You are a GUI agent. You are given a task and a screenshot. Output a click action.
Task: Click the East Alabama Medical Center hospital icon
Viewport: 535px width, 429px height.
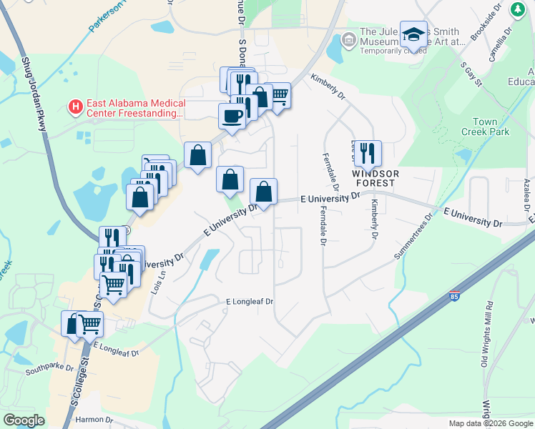(x=74, y=107)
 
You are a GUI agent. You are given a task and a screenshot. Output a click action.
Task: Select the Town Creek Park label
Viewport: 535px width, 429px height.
(x=490, y=127)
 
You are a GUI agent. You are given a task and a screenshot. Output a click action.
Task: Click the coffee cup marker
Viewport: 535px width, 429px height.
(x=232, y=115)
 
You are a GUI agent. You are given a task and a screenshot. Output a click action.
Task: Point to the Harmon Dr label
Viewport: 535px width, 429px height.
(x=89, y=419)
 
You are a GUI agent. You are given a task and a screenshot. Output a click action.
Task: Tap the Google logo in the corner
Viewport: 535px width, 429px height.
(x=24, y=420)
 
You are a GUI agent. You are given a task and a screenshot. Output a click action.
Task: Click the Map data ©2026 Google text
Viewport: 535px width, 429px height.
(x=489, y=423)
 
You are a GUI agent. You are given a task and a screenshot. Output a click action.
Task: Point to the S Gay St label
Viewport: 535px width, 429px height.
(x=470, y=73)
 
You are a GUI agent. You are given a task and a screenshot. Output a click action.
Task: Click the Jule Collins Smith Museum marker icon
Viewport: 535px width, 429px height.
(x=349, y=38)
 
